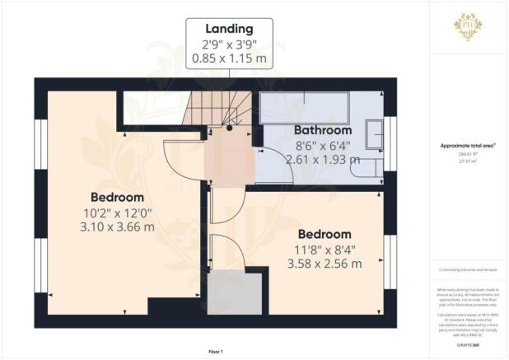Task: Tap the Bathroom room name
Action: point(323,130)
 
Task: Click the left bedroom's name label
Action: point(117,198)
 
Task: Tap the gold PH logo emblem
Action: point(469,26)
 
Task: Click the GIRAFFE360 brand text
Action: point(469,344)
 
